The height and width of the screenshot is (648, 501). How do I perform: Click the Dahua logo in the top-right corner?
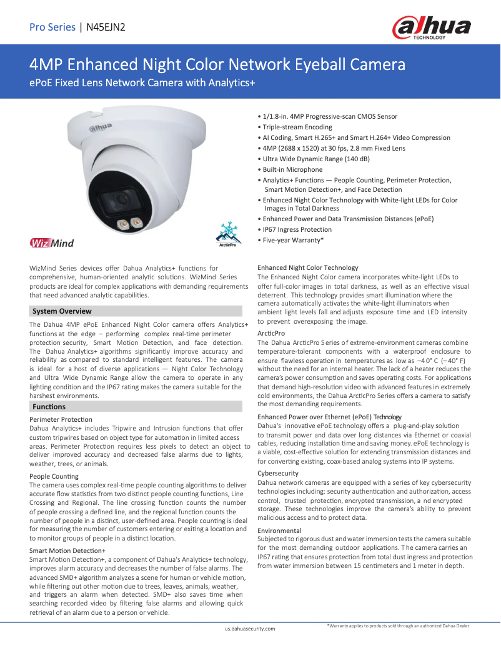[x=431, y=29]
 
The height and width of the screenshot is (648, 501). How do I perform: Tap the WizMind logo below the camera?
[x=51, y=242]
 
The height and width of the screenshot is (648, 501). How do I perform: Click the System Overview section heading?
[x=62, y=311]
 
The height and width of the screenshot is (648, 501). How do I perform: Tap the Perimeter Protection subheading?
[x=61, y=419]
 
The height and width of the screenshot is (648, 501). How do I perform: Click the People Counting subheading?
[x=54, y=476]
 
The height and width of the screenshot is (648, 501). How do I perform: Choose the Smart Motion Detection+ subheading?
[x=68, y=551]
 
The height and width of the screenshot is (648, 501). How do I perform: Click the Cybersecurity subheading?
[x=278, y=473]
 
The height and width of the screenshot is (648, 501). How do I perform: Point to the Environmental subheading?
[x=280, y=530]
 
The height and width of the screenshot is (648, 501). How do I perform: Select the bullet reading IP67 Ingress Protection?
[x=297, y=229]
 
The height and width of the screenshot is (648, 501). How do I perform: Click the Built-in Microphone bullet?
[x=292, y=169]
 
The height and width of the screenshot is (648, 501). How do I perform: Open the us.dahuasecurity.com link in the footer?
[x=250, y=629]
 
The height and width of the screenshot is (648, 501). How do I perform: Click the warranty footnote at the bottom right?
[x=399, y=626]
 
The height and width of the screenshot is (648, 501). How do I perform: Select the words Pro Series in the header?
[x=52, y=27]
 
